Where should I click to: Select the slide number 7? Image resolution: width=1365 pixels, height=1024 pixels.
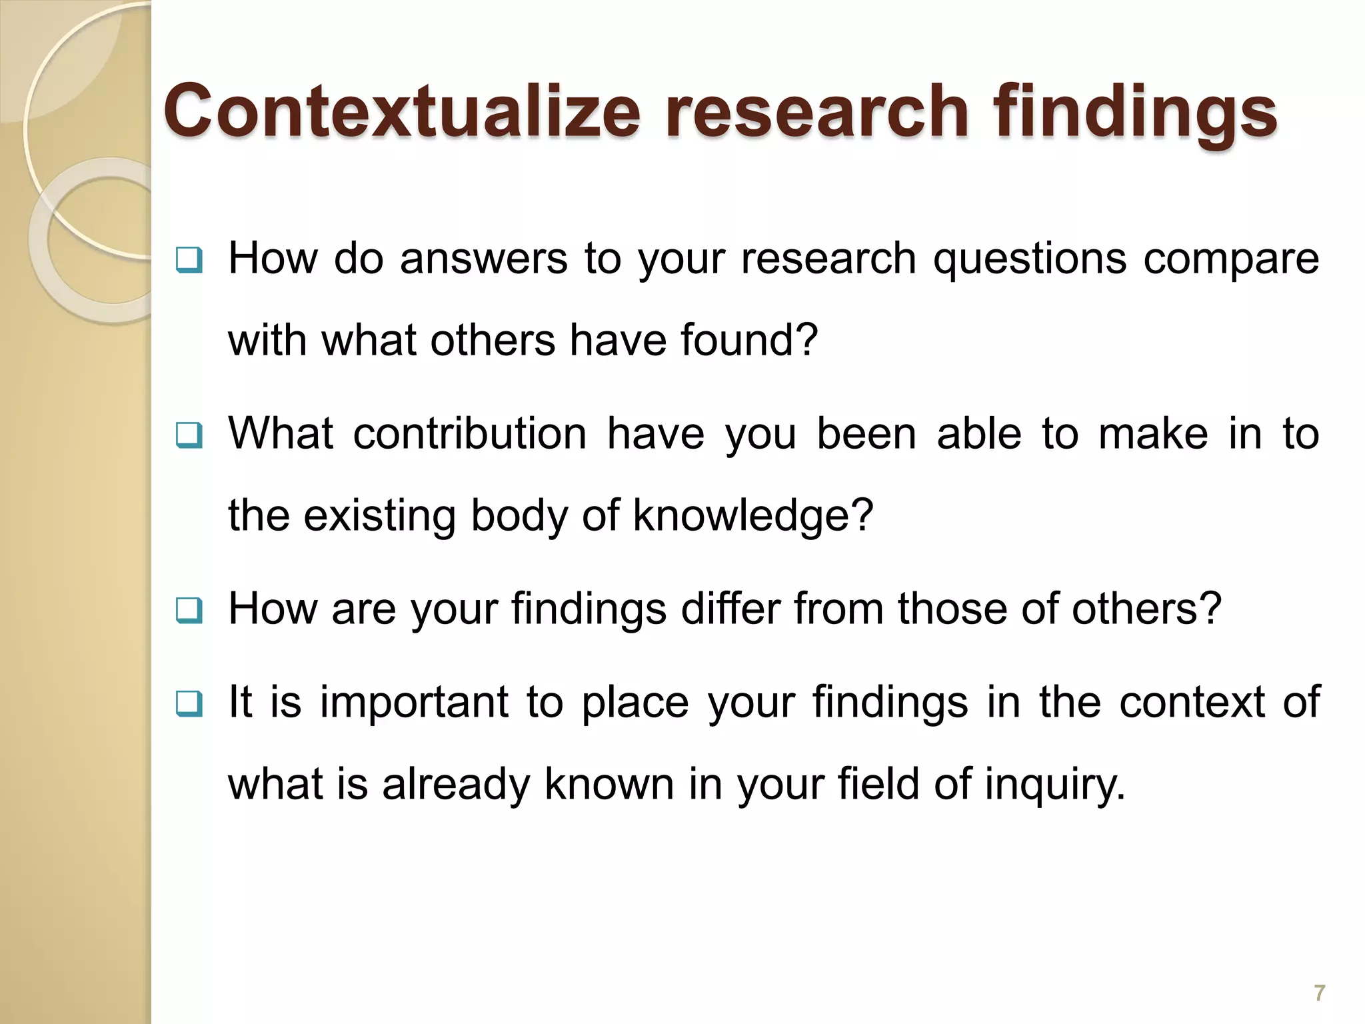pos(1319,993)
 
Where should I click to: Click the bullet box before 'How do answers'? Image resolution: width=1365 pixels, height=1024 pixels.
pos(189,261)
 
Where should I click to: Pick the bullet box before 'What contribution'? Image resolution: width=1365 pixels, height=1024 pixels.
pos(189,436)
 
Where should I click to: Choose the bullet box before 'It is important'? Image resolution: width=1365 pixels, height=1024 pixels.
pos(189,704)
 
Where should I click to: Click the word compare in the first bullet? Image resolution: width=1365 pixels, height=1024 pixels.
pos(1231,260)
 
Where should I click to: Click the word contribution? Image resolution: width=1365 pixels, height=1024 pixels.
pos(469,434)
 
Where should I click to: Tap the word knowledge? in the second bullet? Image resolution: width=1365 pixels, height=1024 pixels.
pos(752,516)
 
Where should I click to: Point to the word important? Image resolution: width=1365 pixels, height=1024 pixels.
pos(415,703)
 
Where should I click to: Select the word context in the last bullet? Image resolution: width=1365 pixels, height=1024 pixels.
pos(1192,703)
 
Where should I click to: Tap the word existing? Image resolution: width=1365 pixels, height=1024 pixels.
pos(379,516)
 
